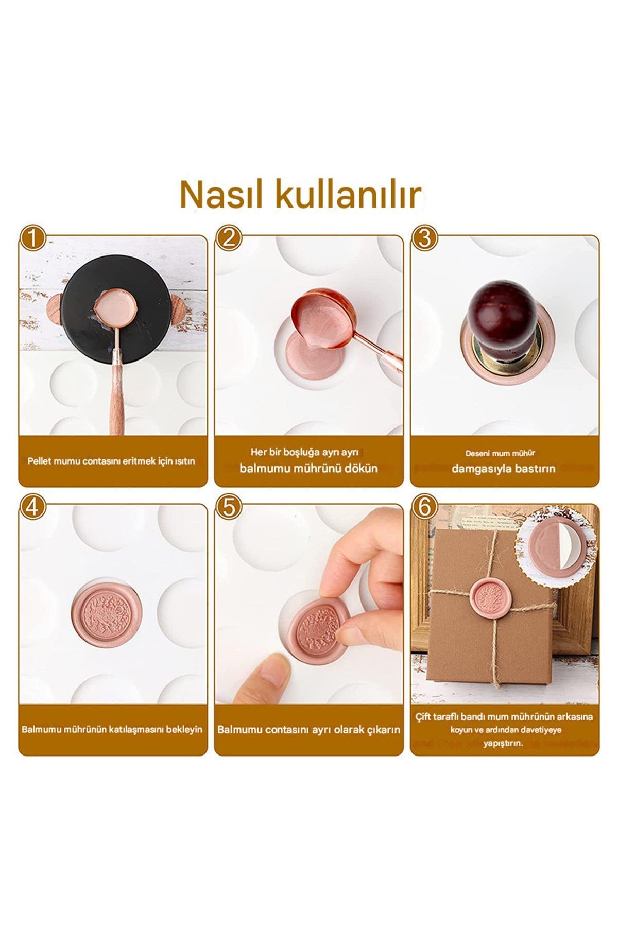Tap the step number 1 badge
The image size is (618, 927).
pos(32,239)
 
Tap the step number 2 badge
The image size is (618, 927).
pos(229,239)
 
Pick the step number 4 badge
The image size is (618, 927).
pos(32,507)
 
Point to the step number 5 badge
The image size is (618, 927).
pos(229,507)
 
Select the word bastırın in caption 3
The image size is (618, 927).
pos(533,469)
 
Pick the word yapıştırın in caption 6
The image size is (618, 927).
pos(503,743)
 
